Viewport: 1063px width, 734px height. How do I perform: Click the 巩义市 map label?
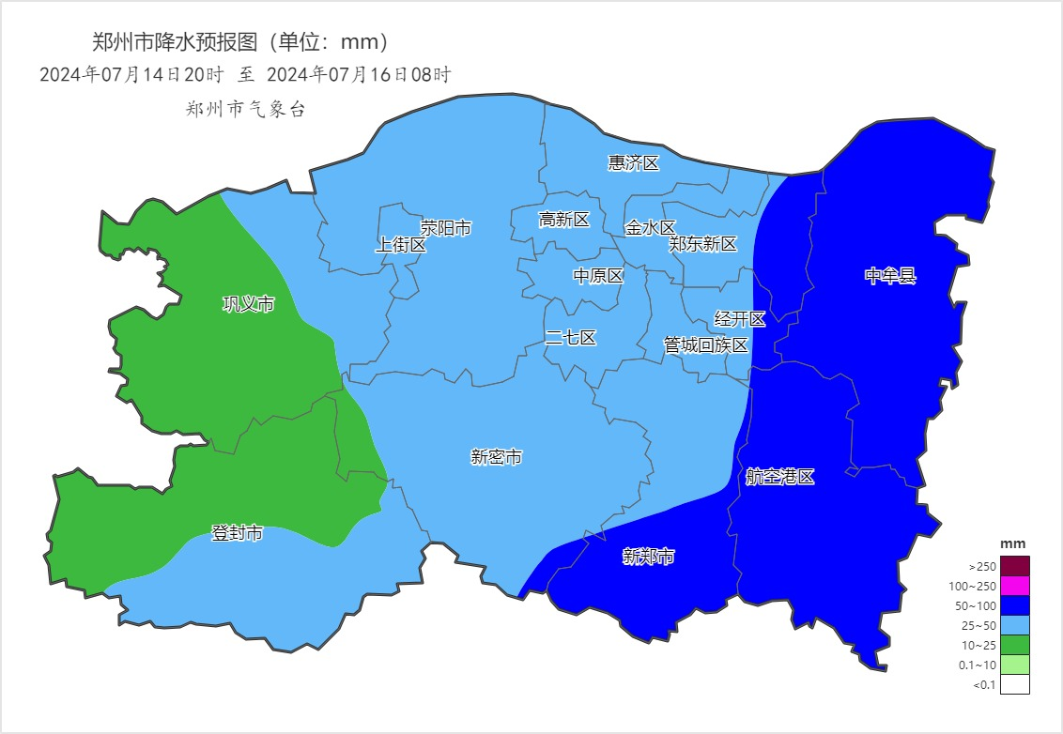coord(248,304)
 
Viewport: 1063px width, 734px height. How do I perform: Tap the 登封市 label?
coord(237,534)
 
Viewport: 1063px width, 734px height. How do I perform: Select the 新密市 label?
coord(496,457)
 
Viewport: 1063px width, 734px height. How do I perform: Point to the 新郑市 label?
coord(649,558)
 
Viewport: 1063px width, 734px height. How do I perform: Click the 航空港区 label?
coord(779,477)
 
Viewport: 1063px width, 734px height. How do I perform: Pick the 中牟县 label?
coord(889,276)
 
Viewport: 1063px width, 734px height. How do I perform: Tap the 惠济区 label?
coord(634,163)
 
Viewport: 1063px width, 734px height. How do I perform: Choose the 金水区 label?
coord(650,228)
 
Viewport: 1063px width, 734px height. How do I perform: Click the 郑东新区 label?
coord(702,244)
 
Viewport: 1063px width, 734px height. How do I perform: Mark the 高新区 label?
coord(563,220)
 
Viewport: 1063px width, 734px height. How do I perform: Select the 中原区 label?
coord(598,276)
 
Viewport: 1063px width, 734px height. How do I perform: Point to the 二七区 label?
coord(570,338)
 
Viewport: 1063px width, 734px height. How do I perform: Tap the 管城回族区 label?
coord(705,345)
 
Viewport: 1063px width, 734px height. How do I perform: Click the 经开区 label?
coord(740,319)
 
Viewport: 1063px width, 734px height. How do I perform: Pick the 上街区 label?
coord(401,245)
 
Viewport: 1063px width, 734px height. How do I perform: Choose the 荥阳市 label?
coord(445,228)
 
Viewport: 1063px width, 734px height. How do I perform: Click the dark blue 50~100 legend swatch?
coord(1014,605)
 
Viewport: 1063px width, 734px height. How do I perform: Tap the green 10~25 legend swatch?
coord(1014,645)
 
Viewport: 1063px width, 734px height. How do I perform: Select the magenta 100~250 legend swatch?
coord(1014,586)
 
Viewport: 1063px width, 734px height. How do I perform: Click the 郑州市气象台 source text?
coord(245,109)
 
